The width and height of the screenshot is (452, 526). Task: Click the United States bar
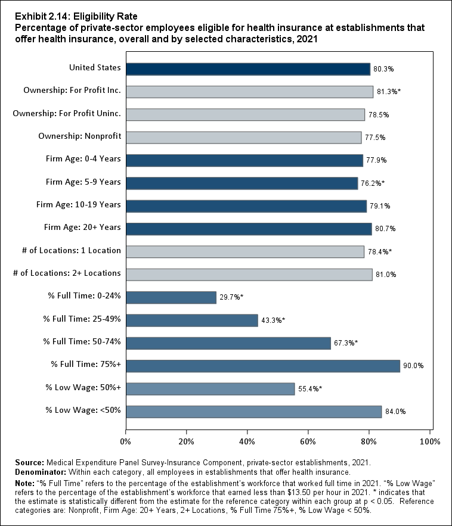(247, 69)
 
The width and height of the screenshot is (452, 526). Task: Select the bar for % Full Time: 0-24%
(171, 297)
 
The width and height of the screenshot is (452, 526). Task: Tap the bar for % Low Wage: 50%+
(210, 389)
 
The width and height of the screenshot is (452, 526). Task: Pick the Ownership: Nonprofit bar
(243, 138)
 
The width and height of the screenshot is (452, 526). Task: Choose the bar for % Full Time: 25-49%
(191, 320)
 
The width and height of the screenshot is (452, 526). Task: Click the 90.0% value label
(413, 366)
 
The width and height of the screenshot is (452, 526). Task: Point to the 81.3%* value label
(388, 92)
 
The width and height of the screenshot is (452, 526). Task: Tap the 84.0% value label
(395, 412)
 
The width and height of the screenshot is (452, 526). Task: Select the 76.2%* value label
(373, 183)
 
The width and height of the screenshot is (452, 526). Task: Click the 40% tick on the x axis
(247, 441)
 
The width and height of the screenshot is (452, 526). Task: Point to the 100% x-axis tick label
(429, 441)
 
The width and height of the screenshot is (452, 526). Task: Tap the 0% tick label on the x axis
(126, 441)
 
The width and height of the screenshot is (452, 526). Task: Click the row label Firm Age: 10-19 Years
(78, 205)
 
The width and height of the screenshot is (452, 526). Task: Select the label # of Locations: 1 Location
(67, 251)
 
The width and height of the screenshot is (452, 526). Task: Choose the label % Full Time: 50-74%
(82, 341)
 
